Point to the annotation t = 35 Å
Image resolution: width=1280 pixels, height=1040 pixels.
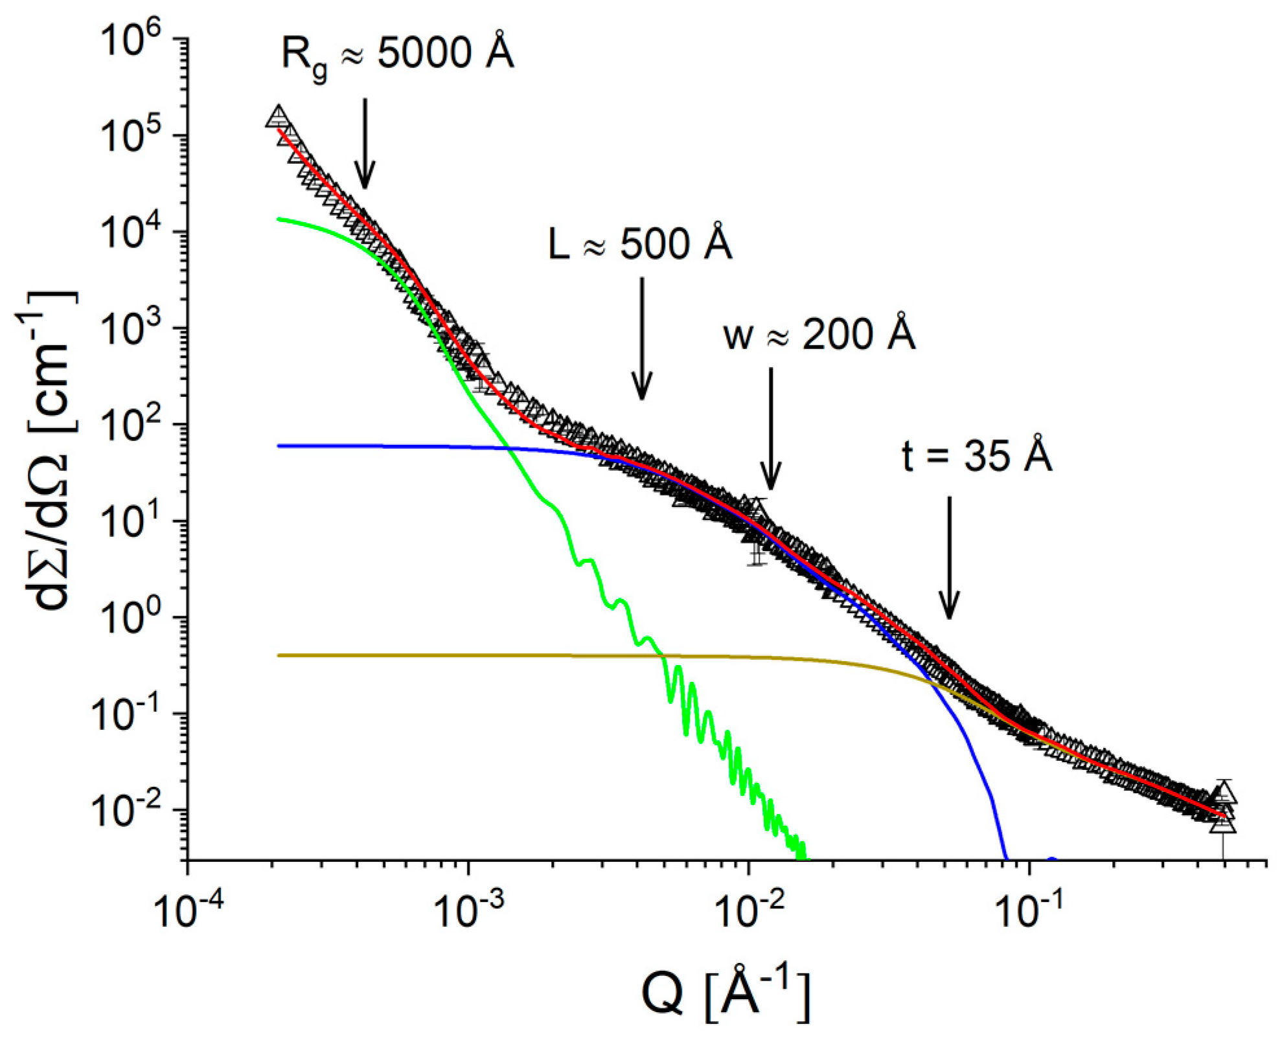(977, 456)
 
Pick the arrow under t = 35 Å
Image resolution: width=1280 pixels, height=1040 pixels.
(949, 557)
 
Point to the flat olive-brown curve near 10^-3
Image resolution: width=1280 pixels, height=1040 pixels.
(468, 656)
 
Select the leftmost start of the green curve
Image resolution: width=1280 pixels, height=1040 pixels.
(280, 220)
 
